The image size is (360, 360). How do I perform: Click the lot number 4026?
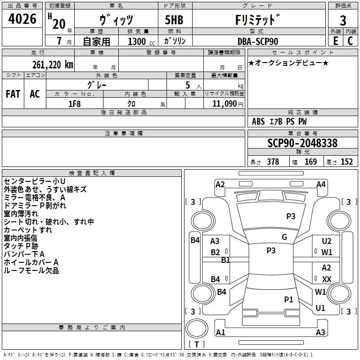22,19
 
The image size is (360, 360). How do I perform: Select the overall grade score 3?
343,21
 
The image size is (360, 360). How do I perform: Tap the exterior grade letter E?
336,41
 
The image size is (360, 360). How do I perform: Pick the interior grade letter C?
350,41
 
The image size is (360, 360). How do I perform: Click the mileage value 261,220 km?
53,65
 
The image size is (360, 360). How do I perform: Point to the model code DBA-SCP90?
258,41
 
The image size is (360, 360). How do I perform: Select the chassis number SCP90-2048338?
302,143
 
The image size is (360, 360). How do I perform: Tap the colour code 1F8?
74,104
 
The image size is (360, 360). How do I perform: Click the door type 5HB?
174,20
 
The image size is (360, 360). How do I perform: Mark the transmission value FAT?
13,94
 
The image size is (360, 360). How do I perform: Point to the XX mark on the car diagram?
327,279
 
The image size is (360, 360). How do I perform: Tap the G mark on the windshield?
284,237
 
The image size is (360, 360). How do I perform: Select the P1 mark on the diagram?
288,299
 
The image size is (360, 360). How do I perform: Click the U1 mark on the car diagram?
320,308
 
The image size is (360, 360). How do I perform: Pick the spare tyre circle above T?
197,328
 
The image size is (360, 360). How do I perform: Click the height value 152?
346,162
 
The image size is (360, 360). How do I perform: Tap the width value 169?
310,162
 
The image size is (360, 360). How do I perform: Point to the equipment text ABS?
258,121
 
